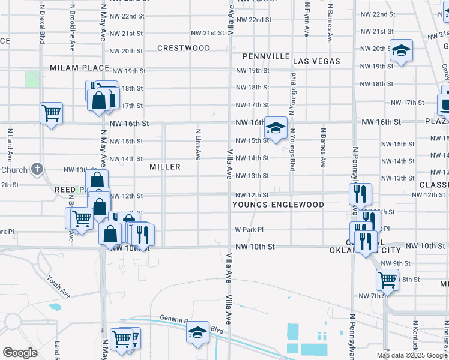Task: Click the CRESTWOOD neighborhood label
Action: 184,48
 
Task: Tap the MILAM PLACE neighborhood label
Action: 80,68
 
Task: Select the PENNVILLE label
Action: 265,56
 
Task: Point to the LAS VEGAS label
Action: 316,61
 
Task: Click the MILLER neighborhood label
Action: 165,166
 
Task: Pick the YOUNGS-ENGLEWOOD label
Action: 279,205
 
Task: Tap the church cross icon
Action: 37,169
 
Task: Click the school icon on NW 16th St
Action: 276,128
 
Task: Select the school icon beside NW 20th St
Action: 400,51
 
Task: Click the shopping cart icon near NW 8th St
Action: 387,279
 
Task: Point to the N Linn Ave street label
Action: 197,144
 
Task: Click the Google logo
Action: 20,352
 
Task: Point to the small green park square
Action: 32,79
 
